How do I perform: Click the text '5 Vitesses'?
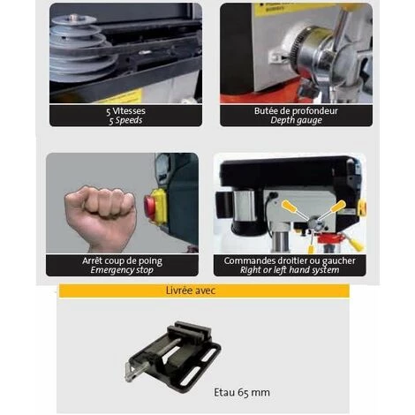(125, 111)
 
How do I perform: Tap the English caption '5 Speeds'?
(125, 120)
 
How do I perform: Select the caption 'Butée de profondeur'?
(296, 111)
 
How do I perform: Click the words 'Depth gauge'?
(296, 120)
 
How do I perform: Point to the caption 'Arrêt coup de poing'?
(122, 261)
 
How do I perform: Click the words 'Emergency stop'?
(122, 270)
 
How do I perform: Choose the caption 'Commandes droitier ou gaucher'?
(290, 260)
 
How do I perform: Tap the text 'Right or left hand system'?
(290, 270)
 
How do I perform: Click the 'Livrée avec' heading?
(191, 290)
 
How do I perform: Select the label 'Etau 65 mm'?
(242, 392)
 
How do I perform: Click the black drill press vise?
(173, 353)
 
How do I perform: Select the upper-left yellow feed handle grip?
(289, 205)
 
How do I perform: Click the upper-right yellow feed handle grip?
(338, 206)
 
